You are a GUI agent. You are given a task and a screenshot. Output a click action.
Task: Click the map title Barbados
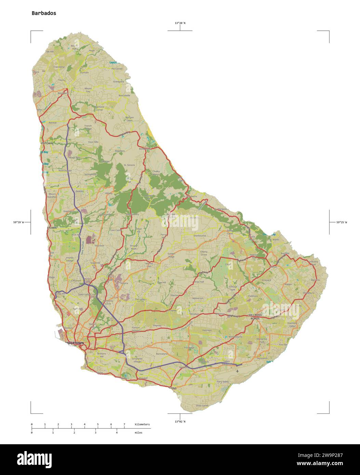(x=44, y=13)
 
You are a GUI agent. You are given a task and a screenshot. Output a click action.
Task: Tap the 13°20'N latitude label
(x=180, y=23)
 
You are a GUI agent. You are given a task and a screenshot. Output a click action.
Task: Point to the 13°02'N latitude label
(x=180, y=422)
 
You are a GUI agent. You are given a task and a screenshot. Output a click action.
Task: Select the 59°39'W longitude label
(x=19, y=222)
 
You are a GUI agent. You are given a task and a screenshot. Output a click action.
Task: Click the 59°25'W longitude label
(x=341, y=222)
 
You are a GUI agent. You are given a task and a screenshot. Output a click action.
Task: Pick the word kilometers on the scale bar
(x=142, y=424)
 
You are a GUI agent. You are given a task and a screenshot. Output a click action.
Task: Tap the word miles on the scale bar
(x=138, y=433)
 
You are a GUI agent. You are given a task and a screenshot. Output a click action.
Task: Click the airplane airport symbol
(x=238, y=371)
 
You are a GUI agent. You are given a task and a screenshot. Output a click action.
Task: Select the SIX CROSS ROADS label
(x=255, y=316)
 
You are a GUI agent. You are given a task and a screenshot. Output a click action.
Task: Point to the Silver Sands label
(x=202, y=406)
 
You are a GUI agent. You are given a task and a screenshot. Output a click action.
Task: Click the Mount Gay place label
(x=88, y=90)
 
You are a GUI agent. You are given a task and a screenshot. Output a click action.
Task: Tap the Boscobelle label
(x=124, y=95)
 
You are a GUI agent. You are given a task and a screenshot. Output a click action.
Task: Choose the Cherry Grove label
(x=204, y=253)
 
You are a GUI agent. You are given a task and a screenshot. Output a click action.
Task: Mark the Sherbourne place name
(x=200, y=236)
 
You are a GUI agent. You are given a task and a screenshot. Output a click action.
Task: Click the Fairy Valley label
(x=223, y=381)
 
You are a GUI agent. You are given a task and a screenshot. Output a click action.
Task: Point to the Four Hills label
(x=93, y=142)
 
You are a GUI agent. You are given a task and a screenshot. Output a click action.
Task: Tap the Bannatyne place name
(x=162, y=354)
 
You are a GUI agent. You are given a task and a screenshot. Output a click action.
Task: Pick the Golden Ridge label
(x=171, y=255)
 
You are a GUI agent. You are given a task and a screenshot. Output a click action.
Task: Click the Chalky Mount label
(x=156, y=173)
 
